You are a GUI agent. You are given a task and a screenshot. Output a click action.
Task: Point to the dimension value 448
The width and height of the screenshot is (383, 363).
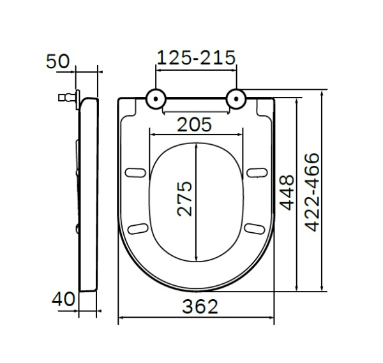[287, 193]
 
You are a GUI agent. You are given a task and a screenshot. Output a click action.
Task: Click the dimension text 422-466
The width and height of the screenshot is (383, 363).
[312, 193]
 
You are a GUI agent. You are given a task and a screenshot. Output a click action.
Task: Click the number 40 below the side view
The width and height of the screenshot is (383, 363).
[64, 299]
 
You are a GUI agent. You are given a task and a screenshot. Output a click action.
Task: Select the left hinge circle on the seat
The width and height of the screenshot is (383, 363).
[156, 98]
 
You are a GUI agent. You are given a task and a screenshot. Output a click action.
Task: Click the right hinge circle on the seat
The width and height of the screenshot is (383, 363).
[236, 98]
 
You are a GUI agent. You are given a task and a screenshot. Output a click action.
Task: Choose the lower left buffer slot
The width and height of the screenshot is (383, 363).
[136, 228]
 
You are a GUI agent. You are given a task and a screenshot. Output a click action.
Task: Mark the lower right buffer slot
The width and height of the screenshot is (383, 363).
[256, 228]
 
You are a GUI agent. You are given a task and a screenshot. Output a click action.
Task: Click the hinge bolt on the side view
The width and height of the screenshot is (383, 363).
[64, 98]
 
